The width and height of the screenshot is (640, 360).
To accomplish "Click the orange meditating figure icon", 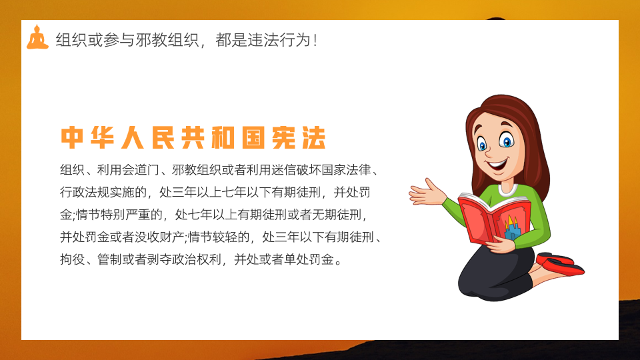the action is pyautogui.click(x=37, y=37).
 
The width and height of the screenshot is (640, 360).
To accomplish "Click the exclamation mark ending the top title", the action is pyautogui.click(x=315, y=41).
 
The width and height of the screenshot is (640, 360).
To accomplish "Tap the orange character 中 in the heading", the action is pyautogui.click(x=72, y=137).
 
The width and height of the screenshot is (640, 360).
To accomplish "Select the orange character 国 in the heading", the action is pyautogui.click(x=253, y=137).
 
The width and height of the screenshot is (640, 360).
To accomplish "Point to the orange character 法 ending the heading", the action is pyautogui.click(x=314, y=137).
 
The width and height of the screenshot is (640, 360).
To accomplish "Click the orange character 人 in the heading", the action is pyautogui.click(x=133, y=137).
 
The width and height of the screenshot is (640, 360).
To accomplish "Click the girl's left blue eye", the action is pyautogui.click(x=483, y=144).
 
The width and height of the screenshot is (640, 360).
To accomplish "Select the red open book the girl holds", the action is pyautogui.click(x=495, y=219).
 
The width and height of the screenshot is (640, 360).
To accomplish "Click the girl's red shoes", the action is pyautogui.click(x=561, y=264).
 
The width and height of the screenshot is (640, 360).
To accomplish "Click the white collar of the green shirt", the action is pyautogui.click(x=508, y=191).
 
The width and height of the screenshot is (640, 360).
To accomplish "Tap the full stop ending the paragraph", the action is pyautogui.click(x=338, y=262).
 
